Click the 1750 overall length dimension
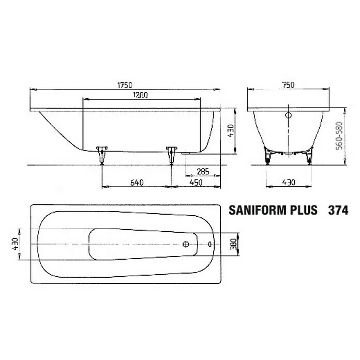pos(125,85)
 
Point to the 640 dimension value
pos(136,182)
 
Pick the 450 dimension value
pos(196,182)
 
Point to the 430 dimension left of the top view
pos(16,243)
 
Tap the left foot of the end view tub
pos(267,155)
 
